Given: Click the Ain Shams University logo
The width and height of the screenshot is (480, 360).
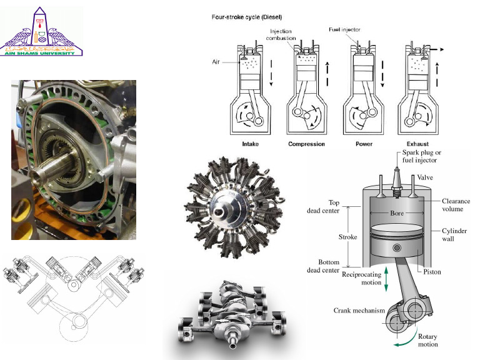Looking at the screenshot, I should tap(42, 32).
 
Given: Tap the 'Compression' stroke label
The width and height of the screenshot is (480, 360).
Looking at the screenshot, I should tap(306, 144).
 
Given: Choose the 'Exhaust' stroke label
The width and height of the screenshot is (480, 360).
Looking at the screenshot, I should tap(417, 144).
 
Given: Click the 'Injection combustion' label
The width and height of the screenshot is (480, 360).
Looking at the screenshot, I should tap(281, 34).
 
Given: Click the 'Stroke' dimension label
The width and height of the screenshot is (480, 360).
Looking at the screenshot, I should tap(348, 237).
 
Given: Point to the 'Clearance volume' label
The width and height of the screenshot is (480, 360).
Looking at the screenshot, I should tap(456, 205).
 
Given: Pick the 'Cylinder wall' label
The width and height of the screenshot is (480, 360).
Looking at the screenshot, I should tap(454, 235).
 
